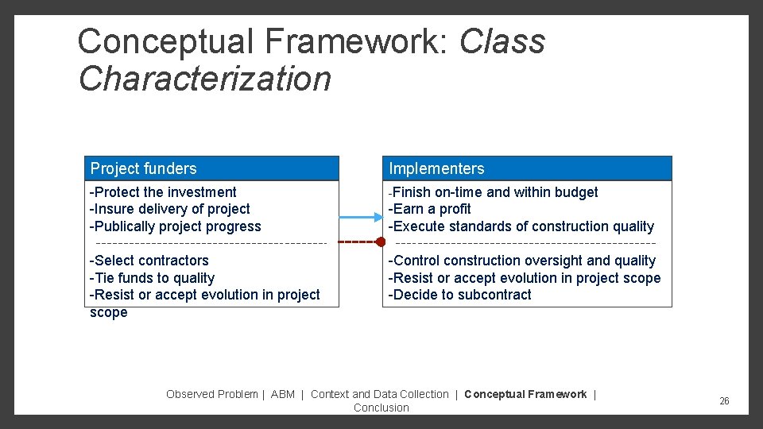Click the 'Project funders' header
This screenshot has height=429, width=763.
144,168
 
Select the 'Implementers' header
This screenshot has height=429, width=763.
436,168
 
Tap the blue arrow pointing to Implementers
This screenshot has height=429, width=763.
362,216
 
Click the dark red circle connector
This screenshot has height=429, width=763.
381,242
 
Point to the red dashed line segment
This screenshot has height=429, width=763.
357,242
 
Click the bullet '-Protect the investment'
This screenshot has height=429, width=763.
163,192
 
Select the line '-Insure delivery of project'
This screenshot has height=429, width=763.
170,209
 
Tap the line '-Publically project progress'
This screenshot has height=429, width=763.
176,226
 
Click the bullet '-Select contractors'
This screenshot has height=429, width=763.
149,261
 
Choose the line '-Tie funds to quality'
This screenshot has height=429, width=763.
152,278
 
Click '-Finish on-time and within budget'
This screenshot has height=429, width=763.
493,192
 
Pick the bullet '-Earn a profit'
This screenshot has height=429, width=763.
429,209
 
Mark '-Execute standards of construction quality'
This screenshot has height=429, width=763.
521,226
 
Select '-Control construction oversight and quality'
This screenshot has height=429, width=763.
521,261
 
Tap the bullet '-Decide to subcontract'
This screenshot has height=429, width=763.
459,295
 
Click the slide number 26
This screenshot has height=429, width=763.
724,401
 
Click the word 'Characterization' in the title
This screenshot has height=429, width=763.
205,79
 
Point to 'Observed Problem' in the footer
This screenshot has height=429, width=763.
211,394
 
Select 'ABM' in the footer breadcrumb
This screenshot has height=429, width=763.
282,394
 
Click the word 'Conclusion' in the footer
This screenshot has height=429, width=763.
381,408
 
